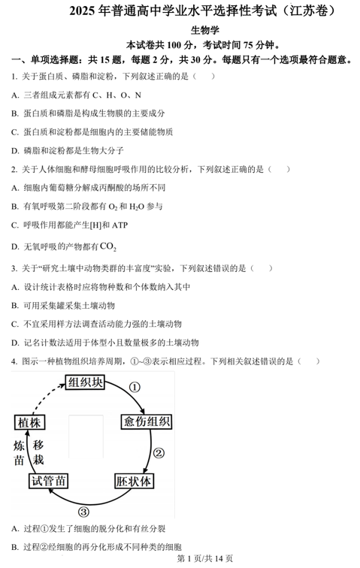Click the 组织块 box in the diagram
click(x=85, y=383)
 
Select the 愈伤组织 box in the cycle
click(x=146, y=421)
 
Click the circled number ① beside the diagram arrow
click(x=135, y=388)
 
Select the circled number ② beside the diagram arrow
click(x=159, y=453)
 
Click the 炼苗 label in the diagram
click(x=20, y=452)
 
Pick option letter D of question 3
click(x=15, y=343)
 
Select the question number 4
click(x=14, y=361)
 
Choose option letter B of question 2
click(x=15, y=206)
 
